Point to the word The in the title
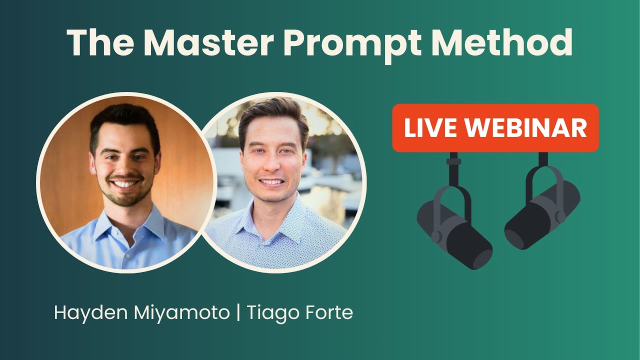tap(99, 42)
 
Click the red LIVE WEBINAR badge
tap(495, 128)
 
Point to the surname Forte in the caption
tap(327, 313)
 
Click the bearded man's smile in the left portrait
tap(125, 184)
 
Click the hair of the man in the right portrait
tap(272, 112)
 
